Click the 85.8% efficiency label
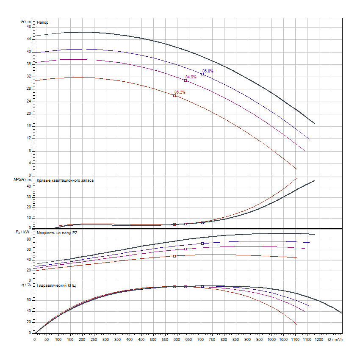tap(208, 71)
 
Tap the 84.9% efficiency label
tap(191, 77)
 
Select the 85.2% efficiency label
tap(180, 92)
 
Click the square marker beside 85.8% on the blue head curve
tap(202, 74)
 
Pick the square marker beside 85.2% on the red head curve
tap(174, 96)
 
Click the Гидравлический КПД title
tap(57, 285)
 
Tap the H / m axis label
tap(26, 21)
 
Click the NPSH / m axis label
tap(22, 180)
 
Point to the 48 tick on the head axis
tap(29, 27)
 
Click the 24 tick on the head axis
tap(29, 102)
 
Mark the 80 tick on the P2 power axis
tap(29, 239)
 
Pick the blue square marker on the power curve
tap(202, 244)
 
